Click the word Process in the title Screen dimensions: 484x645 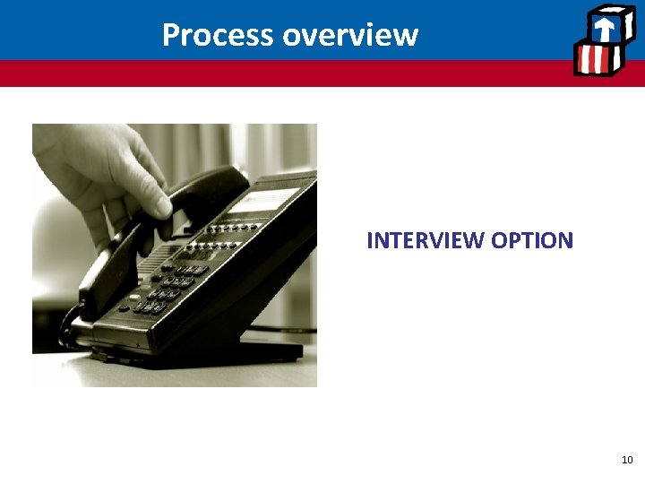click(x=218, y=35)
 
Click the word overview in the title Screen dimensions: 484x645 click(x=349, y=35)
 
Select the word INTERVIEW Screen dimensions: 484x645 click(x=426, y=240)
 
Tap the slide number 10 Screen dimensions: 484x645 click(x=627, y=460)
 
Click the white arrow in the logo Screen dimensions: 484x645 click(x=606, y=27)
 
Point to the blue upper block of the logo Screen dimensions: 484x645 click(x=606, y=25)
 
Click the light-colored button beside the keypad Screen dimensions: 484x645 click(x=134, y=297)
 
